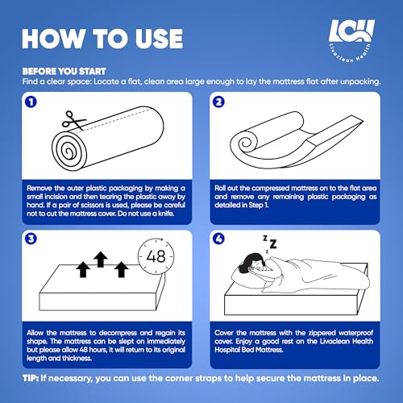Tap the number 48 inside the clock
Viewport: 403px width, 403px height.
tap(156, 256)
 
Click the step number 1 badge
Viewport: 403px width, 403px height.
tap(31, 102)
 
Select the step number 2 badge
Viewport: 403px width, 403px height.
tap(218, 102)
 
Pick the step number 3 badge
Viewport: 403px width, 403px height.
tap(31, 239)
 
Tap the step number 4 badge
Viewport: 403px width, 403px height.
tap(218, 239)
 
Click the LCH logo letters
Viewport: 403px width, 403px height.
tap(351, 31)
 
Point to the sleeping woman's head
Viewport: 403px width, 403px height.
tap(255, 263)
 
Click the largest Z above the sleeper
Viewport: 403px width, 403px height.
tap(273, 244)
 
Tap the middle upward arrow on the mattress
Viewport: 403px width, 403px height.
tap(101, 260)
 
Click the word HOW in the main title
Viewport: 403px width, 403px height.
tap(55, 39)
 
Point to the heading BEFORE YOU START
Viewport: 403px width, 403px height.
tap(64, 72)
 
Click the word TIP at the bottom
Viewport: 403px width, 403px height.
tap(31, 378)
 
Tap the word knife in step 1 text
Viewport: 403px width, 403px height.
tap(165, 214)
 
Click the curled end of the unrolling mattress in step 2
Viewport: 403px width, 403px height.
tap(245, 142)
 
